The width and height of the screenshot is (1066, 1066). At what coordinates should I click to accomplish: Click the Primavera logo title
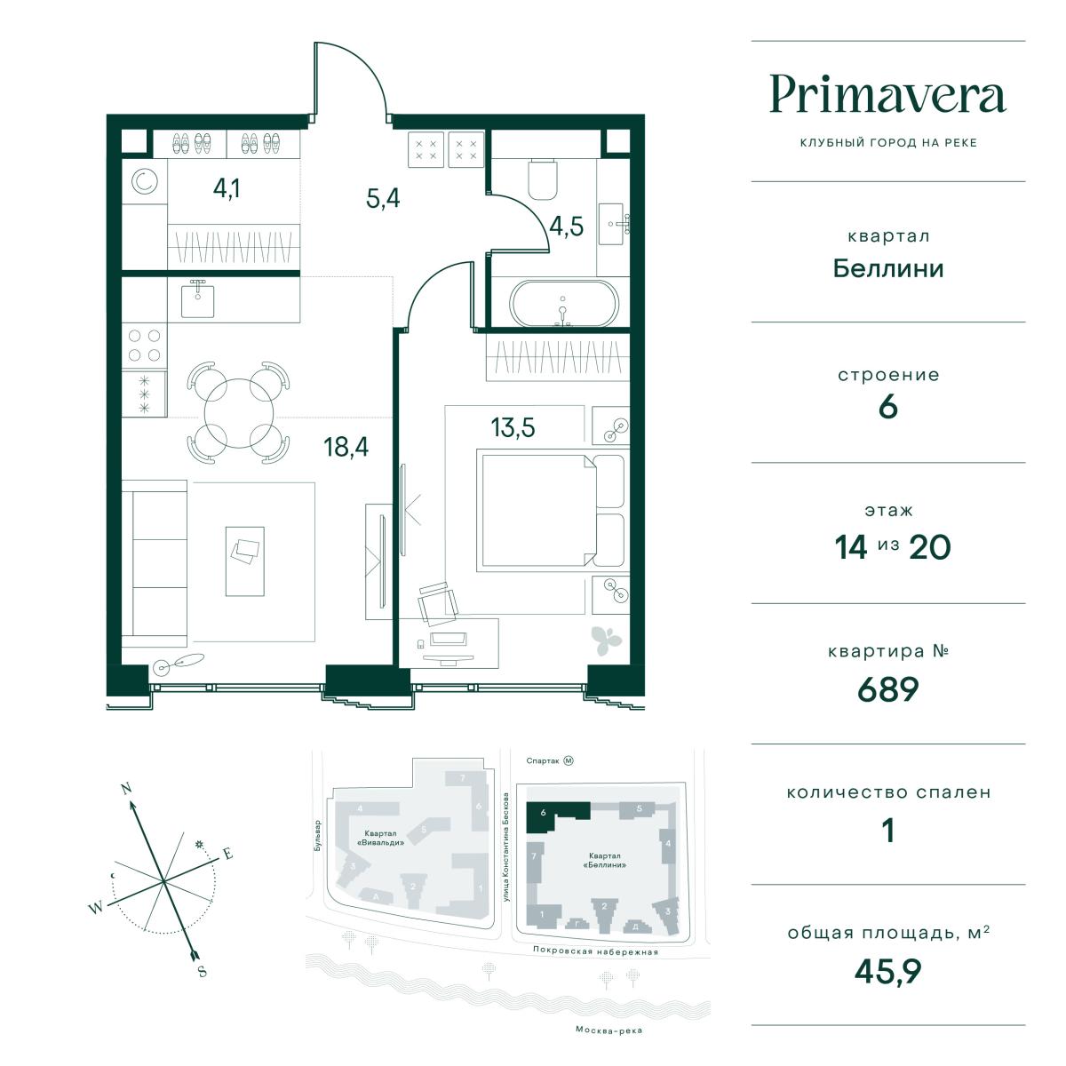point(887,95)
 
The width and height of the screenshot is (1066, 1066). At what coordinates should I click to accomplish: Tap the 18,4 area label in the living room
point(346,447)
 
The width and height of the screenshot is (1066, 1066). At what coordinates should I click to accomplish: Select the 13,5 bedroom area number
point(513,427)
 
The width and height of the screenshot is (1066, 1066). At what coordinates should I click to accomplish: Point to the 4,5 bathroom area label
point(566,227)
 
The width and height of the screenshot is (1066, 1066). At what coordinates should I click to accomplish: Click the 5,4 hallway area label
point(383,198)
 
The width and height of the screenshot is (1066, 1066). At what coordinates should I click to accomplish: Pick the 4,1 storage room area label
point(227,188)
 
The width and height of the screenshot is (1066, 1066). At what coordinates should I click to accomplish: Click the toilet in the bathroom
point(542,179)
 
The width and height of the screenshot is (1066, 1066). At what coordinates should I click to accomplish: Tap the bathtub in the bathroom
point(564,304)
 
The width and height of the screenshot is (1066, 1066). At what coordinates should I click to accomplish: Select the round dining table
point(239,413)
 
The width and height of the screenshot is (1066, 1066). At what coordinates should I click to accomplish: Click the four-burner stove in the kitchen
point(144,346)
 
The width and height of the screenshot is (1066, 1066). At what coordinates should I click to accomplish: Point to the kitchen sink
point(197,299)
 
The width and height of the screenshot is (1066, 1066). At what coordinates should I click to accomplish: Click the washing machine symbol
point(145,181)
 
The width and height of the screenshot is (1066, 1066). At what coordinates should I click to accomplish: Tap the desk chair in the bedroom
point(437,603)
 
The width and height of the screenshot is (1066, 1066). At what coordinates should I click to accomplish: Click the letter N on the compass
point(126,788)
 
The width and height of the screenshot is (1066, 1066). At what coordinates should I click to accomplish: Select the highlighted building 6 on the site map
point(557,816)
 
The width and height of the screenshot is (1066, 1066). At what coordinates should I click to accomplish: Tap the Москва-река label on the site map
point(609,1030)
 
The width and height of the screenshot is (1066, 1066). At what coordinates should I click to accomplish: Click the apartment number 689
point(887,688)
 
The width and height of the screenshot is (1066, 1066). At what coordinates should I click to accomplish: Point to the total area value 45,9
point(887,971)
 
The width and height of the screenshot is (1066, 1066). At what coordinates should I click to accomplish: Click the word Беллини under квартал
point(887,269)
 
